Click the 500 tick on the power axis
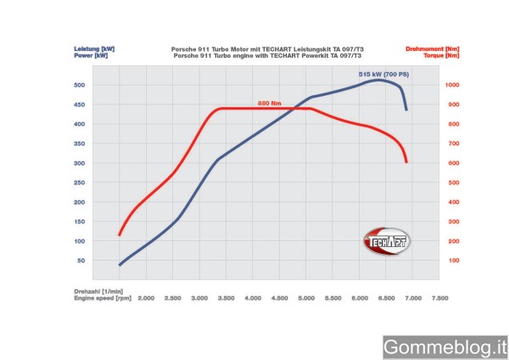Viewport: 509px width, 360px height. (81, 86)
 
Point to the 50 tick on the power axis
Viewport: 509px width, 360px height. (82, 261)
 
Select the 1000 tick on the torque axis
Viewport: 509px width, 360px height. (450, 86)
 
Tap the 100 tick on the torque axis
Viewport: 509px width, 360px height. (453, 261)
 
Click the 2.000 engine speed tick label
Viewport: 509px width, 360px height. (145, 299)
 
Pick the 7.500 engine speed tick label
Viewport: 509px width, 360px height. (439, 299)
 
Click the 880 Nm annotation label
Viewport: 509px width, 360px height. (270, 104)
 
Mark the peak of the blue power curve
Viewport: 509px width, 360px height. (377, 80)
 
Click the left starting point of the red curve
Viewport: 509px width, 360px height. (120, 235)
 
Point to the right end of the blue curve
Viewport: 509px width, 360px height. (407, 110)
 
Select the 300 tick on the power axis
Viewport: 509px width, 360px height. (81, 164)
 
